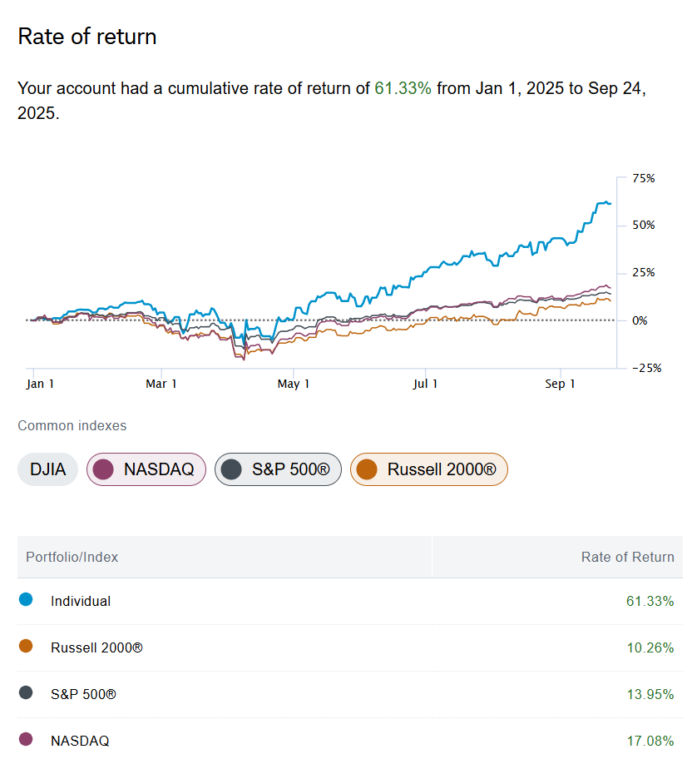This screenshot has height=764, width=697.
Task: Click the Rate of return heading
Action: (x=87, y=37)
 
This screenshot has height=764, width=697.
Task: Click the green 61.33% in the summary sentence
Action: (x=403, y=88)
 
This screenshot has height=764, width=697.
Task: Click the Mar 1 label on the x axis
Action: (x=161, y=384)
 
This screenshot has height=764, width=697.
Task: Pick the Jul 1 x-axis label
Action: (x=425, y=384)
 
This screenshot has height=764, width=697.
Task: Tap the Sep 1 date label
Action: (x=560, y=384)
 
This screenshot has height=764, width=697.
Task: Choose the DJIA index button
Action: (x=47, y=469)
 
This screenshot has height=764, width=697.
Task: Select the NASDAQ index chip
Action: (x=146, y=469)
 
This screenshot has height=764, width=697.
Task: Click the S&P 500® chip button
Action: (x=278, y=469)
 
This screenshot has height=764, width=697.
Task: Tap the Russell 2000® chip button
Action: (x=428, y=469)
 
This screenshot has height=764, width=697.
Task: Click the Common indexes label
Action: (x=72, y=425)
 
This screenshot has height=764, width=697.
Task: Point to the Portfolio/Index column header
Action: (x=72, y=557)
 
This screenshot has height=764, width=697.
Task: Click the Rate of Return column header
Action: (x=627, y=557)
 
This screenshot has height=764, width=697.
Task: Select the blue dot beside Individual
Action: (x=26, y=599)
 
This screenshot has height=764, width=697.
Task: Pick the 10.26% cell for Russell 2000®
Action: (x=650, y=647)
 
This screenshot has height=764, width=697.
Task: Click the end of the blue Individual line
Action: (x=610, y=203)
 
